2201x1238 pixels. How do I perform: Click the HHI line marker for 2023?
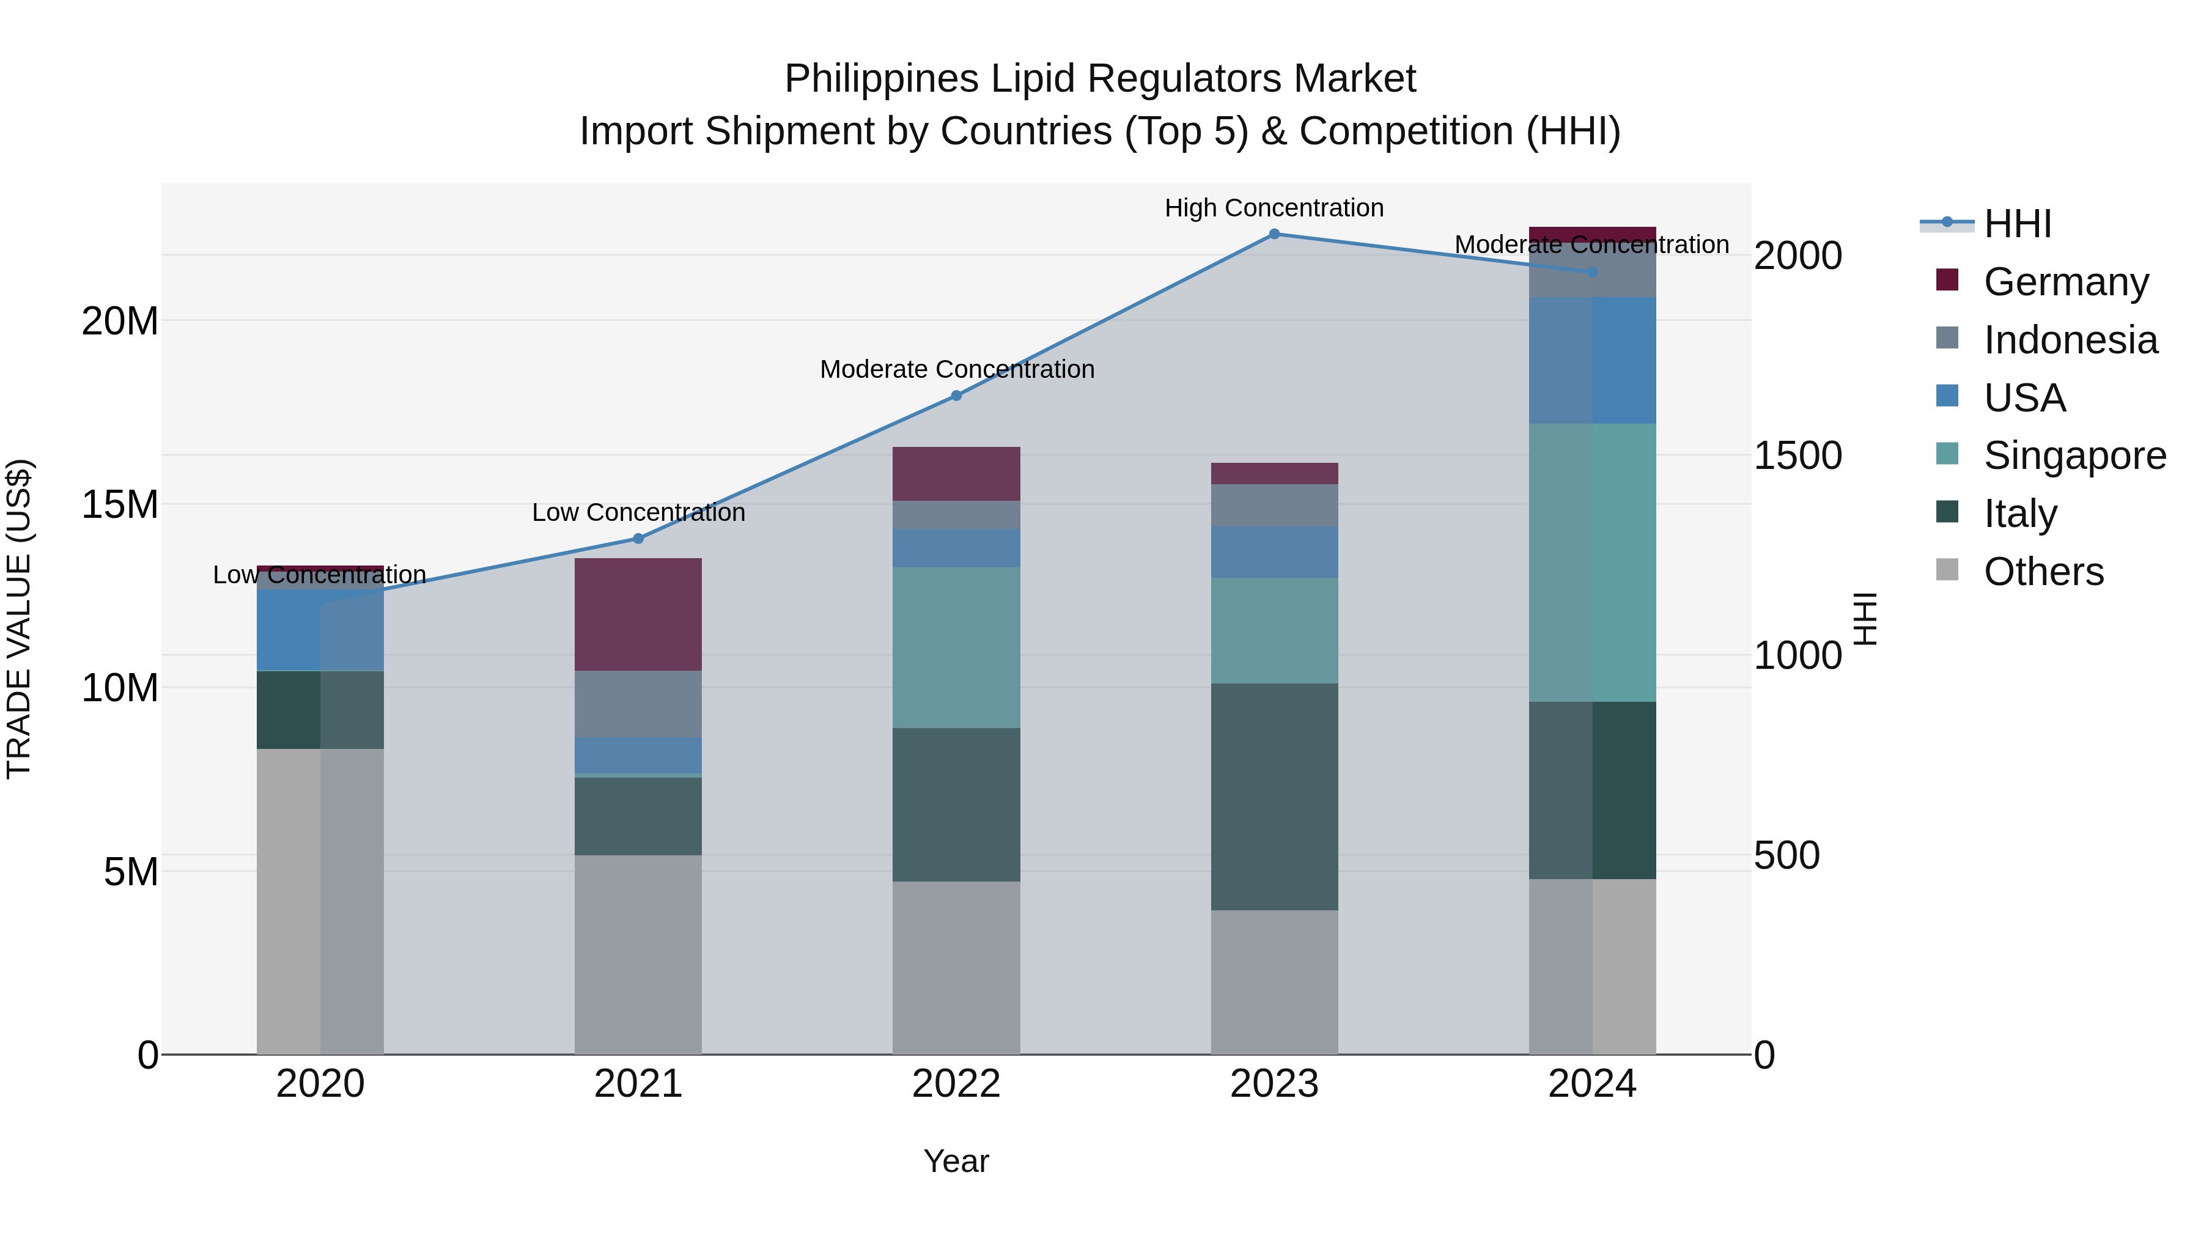[x=1274, y=234]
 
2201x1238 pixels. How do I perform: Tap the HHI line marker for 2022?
[x=956, y=396]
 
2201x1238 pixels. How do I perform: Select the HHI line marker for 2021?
[x=638, y=538]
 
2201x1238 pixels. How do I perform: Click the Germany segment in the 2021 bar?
[x=638, y=614]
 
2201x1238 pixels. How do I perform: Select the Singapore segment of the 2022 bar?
[x=956, y=647]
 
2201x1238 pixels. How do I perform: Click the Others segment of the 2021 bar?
[x=638, y=954]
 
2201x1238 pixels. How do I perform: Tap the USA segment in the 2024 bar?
[x=1592, y=361]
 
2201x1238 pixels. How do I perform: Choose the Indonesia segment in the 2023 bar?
[x=1274, y=506]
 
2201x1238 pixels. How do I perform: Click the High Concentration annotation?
[x=1274, y=208]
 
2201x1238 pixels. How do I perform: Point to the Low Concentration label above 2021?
[x=638, y=513]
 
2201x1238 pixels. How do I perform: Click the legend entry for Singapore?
[x=2074, y=455]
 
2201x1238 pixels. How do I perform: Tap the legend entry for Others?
[x=2042, y=572]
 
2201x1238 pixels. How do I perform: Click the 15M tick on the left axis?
[x=120, y=504]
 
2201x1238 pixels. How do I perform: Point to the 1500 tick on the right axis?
[x=1797, y=455]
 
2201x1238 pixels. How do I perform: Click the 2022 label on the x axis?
[x=956, y=1084]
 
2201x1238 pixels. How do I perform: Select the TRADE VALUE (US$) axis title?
[x=19, y=619]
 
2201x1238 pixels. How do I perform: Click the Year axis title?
[x=956, y=1161]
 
